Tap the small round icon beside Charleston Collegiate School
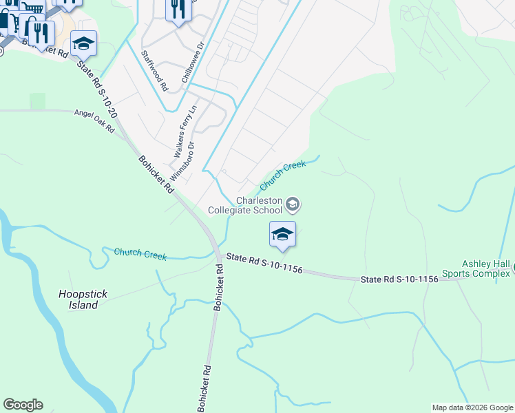293,204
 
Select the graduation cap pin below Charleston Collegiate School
282,235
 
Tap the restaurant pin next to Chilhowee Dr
178,11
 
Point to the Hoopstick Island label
83,299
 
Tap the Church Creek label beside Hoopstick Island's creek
140,254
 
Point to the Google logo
23,405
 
